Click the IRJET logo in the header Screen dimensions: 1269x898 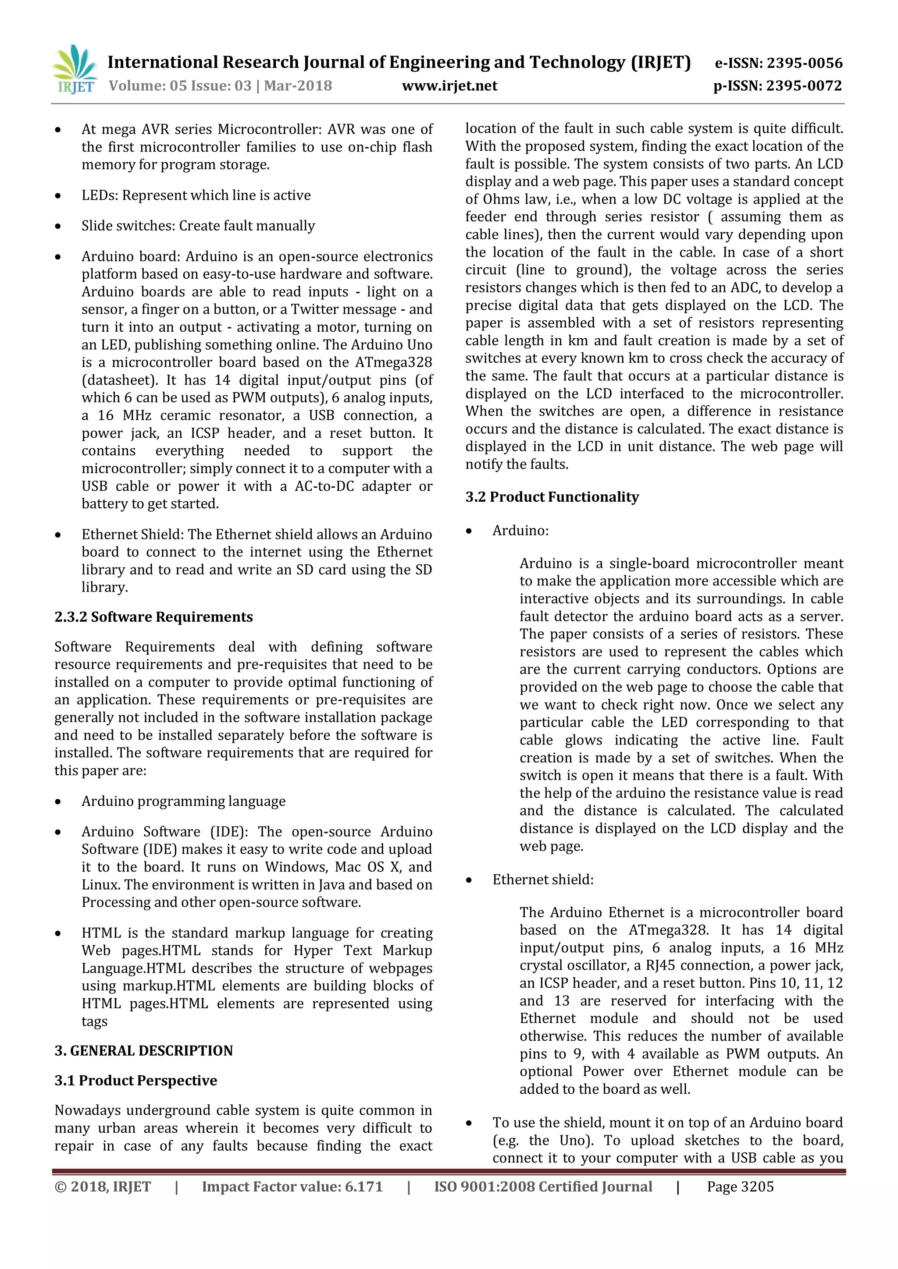(x=75, y=70)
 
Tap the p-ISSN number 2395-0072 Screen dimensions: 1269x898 (x=804, y=86)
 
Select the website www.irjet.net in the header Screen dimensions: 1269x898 (x=449, y=86)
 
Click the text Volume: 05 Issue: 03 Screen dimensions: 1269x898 (x=180, y=86)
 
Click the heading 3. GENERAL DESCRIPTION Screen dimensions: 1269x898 (x=143, y=1051)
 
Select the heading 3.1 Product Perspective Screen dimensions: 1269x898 (x=135, y=1081)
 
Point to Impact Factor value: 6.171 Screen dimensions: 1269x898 (x=292, y=1187)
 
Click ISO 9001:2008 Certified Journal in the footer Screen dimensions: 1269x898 (x=542, y=1187)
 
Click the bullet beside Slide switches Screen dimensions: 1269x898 (x=58, y=227)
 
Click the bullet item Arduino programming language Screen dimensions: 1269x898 (x=184, y=801)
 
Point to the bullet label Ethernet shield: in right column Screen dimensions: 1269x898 (x=542, y=879)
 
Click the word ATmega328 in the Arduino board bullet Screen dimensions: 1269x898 (x=398, y=362)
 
